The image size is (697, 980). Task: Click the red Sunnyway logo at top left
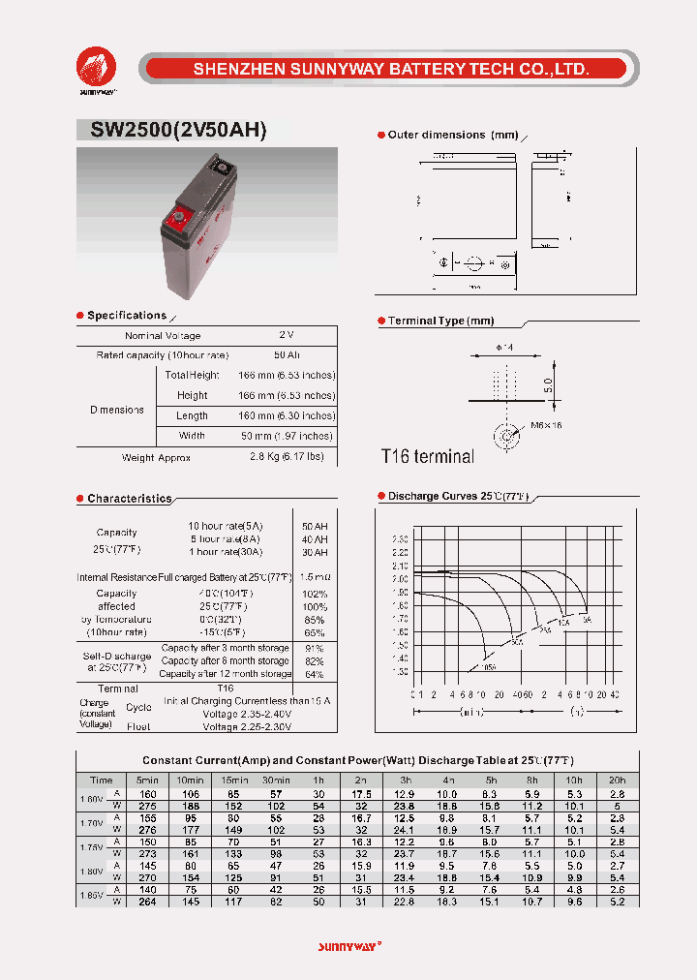coord(97,68)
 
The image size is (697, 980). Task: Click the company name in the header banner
coord(391,69)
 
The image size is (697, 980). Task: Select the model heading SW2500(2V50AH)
coord(172,132)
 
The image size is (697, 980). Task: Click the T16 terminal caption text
coord(428,456)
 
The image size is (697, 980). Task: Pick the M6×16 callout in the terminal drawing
coord(546,425)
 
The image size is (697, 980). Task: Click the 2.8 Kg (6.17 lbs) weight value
coord(287,456)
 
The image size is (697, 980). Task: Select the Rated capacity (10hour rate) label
coord(163,355)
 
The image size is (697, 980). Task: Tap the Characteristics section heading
coord(129,499)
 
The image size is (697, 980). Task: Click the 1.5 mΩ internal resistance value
coord(315,576)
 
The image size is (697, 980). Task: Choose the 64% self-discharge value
coord(315,674)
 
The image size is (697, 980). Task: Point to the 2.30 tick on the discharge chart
coord(400,538)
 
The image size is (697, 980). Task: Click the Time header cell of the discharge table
coord(101,780)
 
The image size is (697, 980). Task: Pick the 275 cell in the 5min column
coord(147,806)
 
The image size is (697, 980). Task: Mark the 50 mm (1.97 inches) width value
coord(287,437)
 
